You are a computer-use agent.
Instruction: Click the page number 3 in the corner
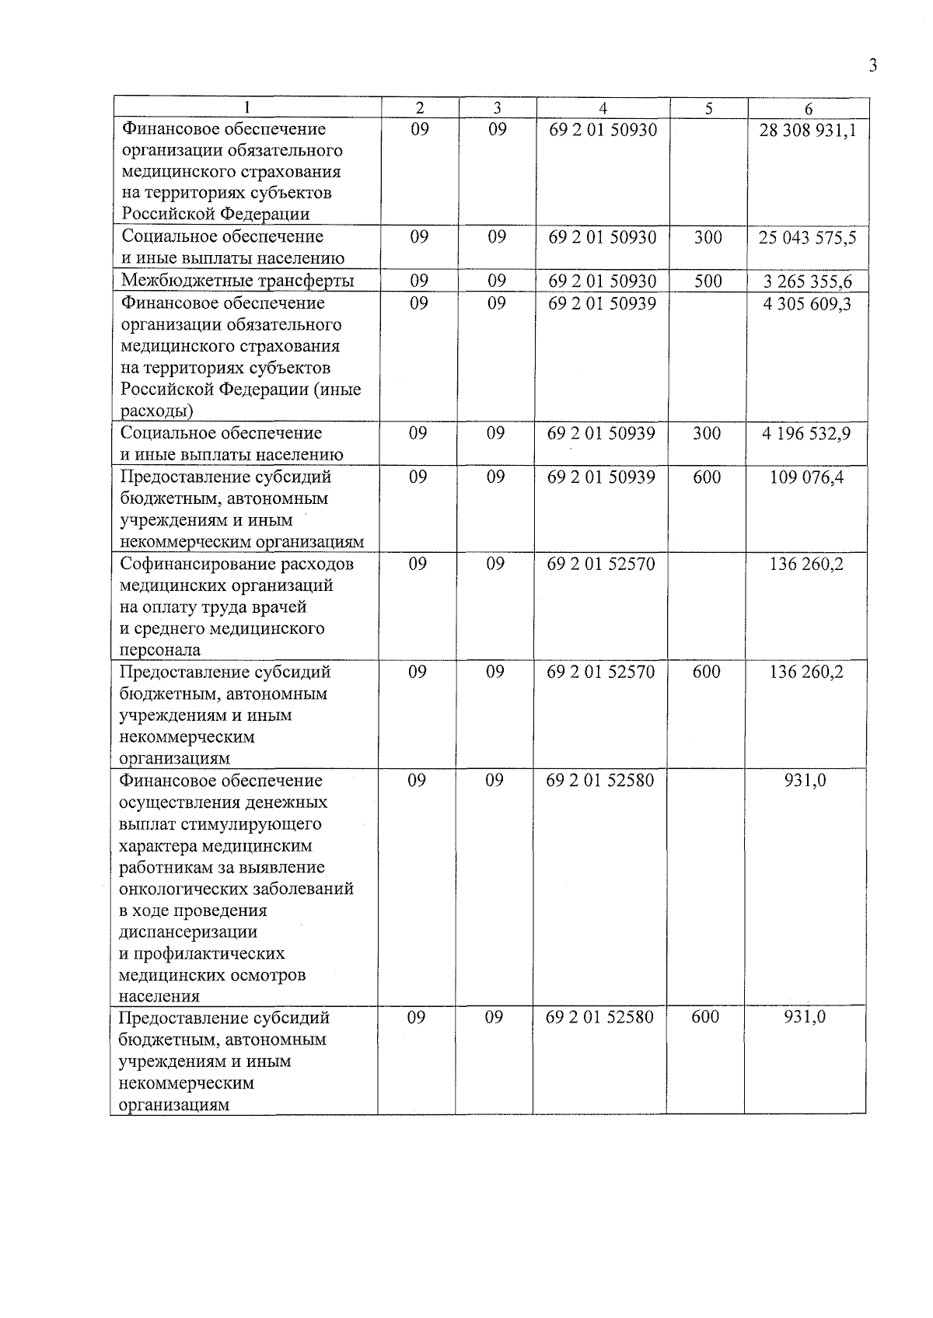pos(873,65)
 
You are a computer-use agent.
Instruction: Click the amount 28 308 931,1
pos(808,130)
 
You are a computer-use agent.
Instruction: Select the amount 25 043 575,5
pos(808,237)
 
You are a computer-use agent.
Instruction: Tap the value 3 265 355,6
pos(808,281)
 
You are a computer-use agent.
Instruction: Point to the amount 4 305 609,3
pos(808,303)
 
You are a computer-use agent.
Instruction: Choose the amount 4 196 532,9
pos(806,433)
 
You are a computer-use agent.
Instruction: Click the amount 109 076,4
pos(806,477)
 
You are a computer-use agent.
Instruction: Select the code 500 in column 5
pos(708,281)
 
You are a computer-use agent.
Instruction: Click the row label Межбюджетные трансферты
pos(238,281)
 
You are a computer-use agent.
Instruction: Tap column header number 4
pos(603,109)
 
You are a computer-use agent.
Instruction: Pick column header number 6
pos(809,109)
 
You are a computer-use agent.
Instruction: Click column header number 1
pos(247,108)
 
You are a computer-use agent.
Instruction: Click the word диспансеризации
pos(187,932)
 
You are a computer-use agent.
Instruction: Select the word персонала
pos(159,650)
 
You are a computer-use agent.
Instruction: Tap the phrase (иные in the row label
pos(337,389)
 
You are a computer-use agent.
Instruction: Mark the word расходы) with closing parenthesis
pos(157,411)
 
